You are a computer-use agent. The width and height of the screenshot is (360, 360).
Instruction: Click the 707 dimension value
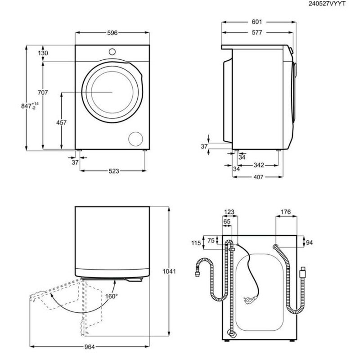[42, 93]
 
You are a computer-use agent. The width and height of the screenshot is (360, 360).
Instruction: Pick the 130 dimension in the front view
[43, 53]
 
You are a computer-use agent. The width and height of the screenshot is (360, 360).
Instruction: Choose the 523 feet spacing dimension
[114, 171]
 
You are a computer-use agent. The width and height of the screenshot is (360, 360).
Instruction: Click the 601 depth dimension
[257, 22]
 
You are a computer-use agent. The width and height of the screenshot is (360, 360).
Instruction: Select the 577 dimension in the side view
[257, 32]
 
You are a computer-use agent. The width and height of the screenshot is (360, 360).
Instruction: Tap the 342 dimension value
[258, 166]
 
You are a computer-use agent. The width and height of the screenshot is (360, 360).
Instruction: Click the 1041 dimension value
[170, 272]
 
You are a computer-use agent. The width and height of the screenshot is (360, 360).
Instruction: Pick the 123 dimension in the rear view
[229, 211]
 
